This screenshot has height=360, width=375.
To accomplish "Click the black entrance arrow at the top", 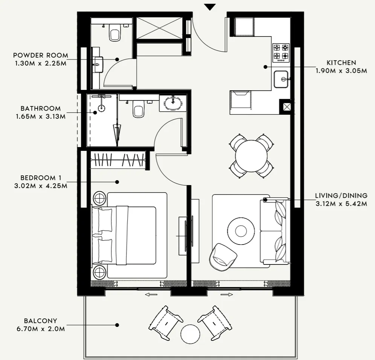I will pos(210,7).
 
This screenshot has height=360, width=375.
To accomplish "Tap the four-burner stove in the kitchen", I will pos(281,52).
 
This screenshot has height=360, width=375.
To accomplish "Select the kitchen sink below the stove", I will pos(281,79).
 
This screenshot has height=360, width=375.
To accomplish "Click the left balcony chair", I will pos(165,323).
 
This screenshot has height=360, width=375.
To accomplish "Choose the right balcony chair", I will pos(215,323).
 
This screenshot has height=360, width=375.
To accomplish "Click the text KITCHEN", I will pos(341,63).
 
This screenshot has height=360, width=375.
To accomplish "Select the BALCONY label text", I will pos(41,321).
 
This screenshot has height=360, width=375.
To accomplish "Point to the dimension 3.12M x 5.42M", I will pos(341,204).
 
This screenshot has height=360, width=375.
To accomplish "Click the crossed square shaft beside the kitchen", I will pos(287,106).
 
